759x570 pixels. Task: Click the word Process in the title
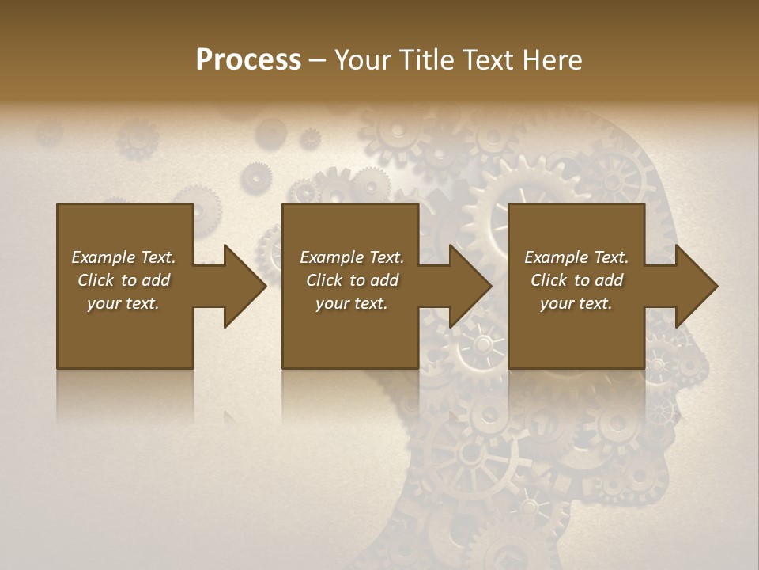tap(248, 60)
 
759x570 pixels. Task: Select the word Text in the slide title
tap(486, 60)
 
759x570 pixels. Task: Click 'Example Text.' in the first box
tap(123, 257)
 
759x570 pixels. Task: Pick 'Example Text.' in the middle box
tap(352, 257)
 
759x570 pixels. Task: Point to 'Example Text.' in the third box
tap(576, 257)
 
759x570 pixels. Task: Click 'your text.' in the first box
tap(123, 303)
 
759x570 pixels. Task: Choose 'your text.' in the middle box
tap(352, 303)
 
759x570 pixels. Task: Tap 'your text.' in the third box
tap(576, 303)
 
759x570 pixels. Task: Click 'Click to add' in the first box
tap(123, 280)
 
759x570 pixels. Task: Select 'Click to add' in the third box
tap(576, 280)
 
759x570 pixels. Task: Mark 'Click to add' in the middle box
tap(352, 280)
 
